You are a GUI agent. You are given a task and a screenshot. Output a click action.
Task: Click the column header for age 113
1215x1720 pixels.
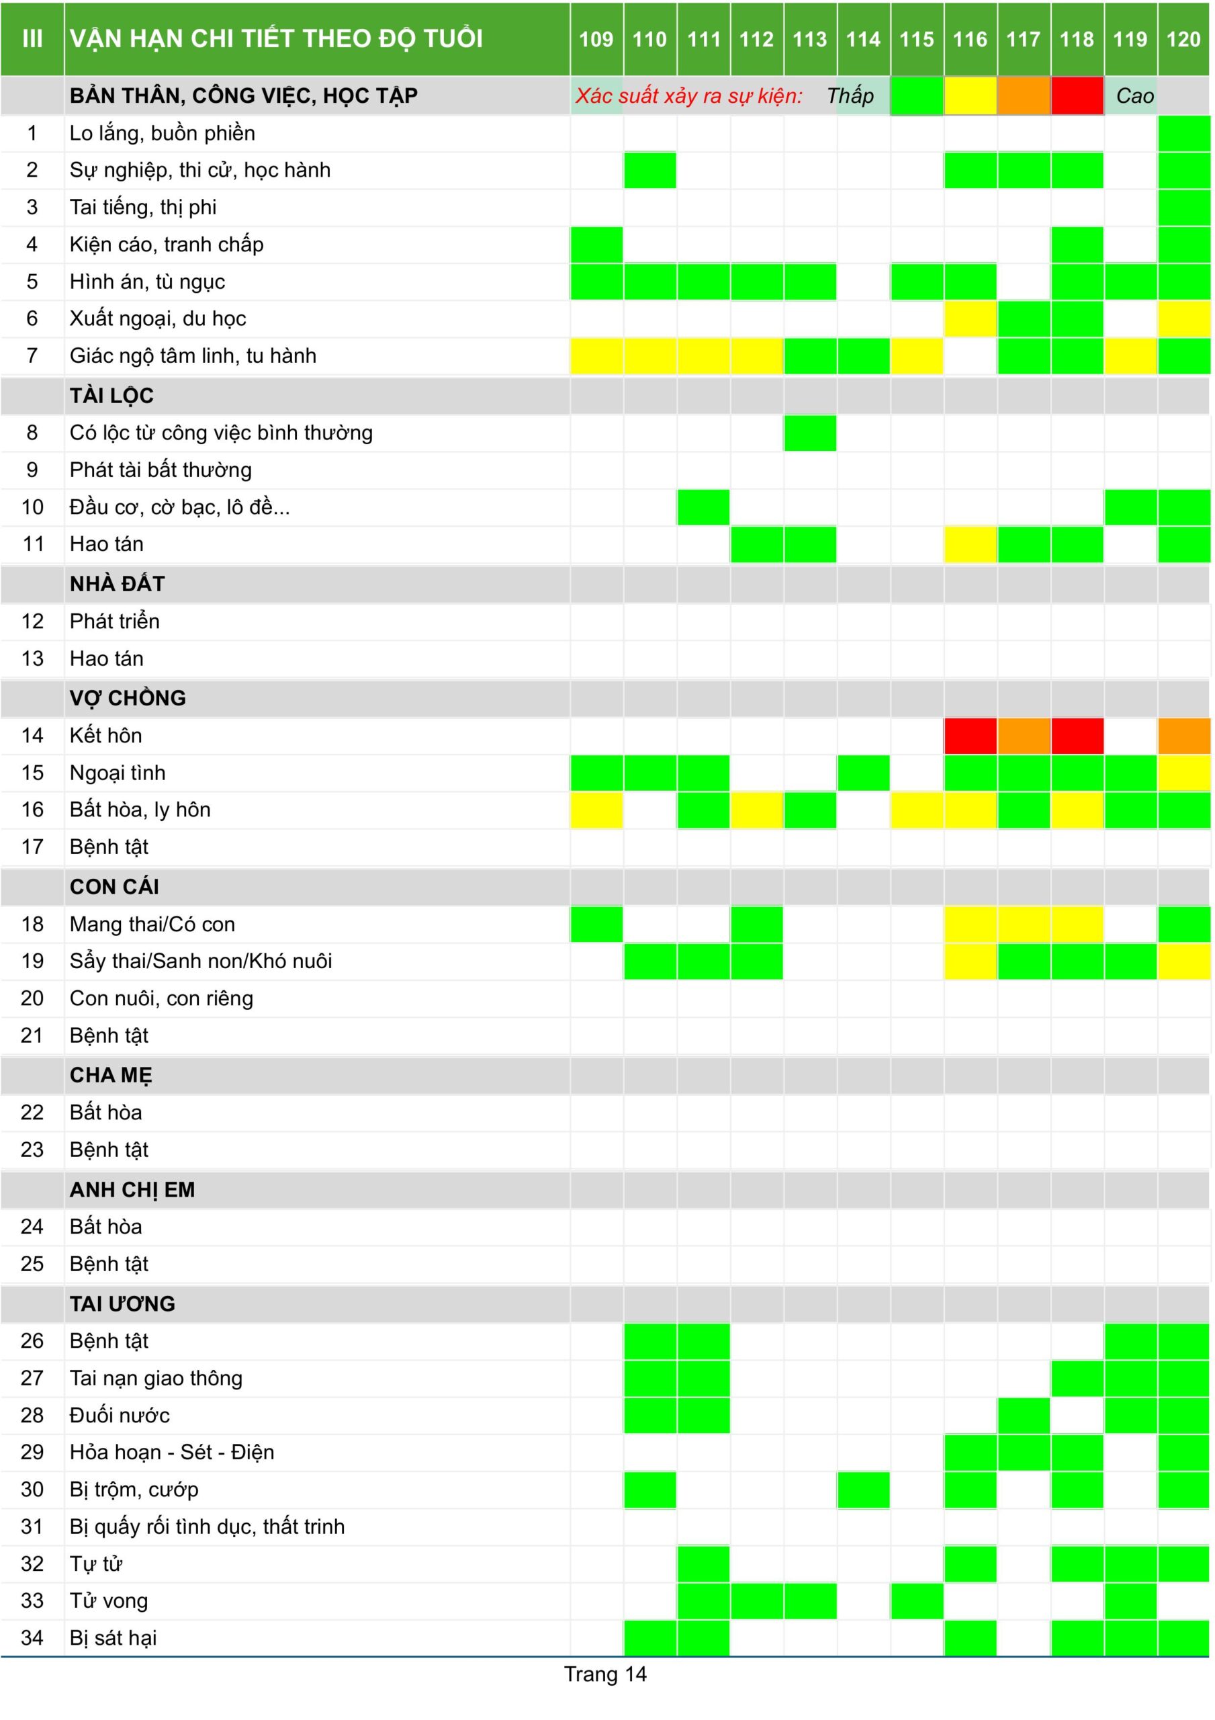[x=810, y=39]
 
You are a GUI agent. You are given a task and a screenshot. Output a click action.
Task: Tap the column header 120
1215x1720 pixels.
[x=1183, y=39]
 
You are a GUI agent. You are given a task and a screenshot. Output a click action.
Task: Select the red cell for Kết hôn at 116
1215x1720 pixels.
[x=970, y=736]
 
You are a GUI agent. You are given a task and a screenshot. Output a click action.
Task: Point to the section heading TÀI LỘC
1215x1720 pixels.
[x=111, y=396]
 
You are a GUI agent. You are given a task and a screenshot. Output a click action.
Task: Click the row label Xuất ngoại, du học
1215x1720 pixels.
[x=157, y=318]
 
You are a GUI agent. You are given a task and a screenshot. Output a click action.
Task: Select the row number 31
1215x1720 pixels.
[x=32, y=1526]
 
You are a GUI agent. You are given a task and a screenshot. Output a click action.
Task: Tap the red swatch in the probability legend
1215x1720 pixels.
[x=1077, y=96]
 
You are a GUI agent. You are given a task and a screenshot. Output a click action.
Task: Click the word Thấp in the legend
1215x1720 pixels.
[x=850, y=96]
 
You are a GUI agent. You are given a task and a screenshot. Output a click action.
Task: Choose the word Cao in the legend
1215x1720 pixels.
[x=1134, y=96]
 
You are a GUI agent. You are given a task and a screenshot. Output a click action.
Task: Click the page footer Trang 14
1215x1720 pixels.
[x=605, y=1674]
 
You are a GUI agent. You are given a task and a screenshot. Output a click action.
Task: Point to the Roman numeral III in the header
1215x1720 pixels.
[x=32, y=39]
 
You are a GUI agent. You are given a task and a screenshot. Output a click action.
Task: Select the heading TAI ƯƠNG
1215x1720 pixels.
[x=122, y=1303]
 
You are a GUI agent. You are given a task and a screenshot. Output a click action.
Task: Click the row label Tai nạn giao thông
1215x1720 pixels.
[x=156, y=1379]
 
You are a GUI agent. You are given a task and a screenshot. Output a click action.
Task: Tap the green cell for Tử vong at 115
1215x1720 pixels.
[x=917, y=1601]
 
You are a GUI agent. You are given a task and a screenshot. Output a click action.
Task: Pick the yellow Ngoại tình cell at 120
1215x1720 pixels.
[x=1183, y=773]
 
